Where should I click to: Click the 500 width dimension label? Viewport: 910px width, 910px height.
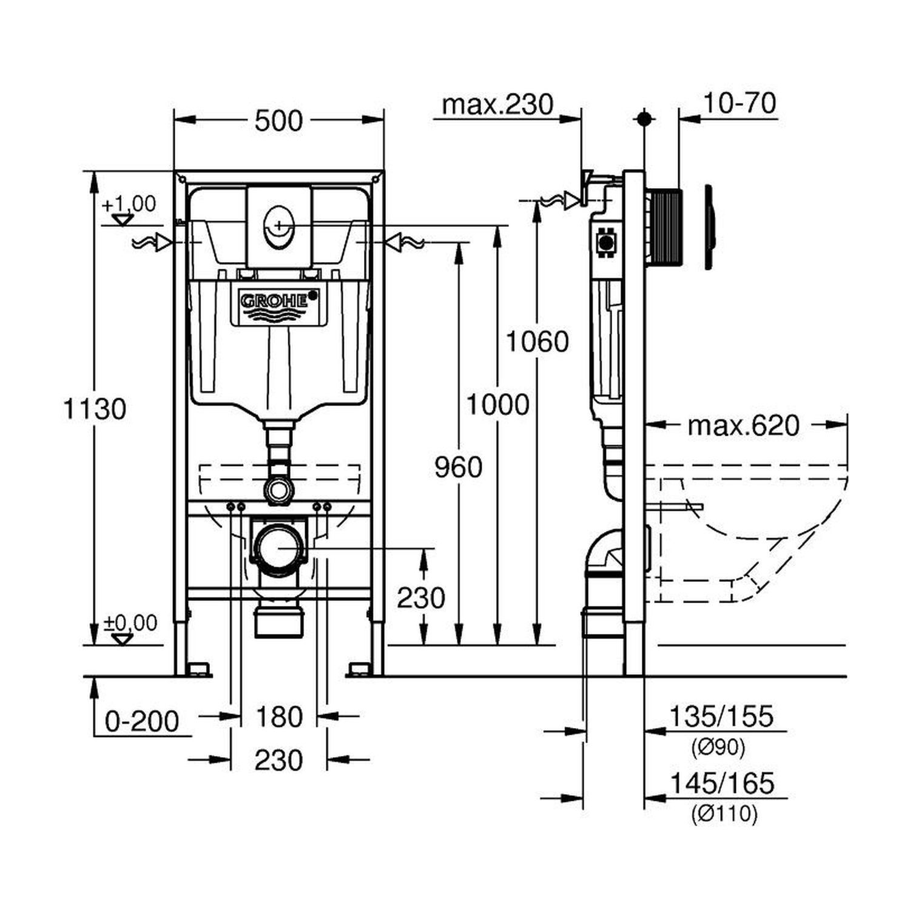tap(278, 121)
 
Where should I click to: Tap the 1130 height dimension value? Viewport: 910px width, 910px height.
tap(95, 409)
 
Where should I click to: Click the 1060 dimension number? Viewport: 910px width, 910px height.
tap(538, 342)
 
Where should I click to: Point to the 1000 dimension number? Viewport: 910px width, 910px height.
tap(497, 404)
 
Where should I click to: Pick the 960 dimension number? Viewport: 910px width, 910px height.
tap(459, 467)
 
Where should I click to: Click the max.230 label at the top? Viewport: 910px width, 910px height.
tap(497, 105)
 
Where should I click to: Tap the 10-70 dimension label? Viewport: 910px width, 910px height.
tap(740, 103)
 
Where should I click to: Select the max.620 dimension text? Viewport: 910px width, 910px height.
tap(743, 426)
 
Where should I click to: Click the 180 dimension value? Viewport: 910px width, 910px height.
tap(279, 717)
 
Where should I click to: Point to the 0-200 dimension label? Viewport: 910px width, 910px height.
tap(142, 722)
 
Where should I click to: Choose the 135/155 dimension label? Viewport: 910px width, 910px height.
tap(721, 716)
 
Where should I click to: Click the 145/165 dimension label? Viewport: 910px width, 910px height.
tap(722, 783)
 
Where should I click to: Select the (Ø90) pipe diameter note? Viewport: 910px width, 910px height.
tap(718, 748)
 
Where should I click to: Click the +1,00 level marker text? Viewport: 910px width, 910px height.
tap(129, 204)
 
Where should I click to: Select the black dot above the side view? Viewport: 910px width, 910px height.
tap(644, 118)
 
